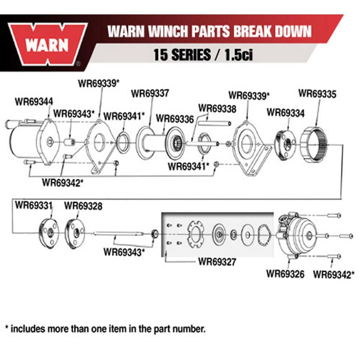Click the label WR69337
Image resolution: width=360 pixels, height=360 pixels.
[150, 93]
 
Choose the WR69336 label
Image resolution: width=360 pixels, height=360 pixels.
[175, 119]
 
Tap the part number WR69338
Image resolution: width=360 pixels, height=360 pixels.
[217, 109]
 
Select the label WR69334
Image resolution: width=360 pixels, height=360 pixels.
[285, 112]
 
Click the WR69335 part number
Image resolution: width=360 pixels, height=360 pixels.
[317, 93]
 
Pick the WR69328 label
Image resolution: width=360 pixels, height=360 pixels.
[83, 205]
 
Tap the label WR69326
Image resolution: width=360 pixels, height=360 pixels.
[285, 273]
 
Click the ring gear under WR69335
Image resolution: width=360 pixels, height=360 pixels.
[316, 145]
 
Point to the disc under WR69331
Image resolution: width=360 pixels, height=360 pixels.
[49, 234]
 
